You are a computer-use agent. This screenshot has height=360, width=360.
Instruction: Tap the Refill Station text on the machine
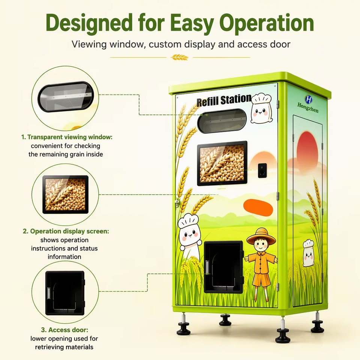(x=224, y=100)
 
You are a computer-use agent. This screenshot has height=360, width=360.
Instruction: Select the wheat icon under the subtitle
(x=180, y=57)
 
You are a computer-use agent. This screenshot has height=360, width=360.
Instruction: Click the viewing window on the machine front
(x=222, y=121)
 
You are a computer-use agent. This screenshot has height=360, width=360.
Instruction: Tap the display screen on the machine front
(x=222, y=163)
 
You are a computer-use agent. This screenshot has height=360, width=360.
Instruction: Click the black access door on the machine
(x=223, y=267)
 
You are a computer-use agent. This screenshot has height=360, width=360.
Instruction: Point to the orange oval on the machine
(x=258, y=208)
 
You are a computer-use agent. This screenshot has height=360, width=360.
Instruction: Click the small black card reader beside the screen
(x=262, y=170)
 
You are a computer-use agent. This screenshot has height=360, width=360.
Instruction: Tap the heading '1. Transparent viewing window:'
(x=67, y=137)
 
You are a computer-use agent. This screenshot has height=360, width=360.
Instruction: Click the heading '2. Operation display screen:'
(x=66, y=231)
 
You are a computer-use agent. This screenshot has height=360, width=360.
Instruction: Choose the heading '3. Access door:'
(x=64, y=330)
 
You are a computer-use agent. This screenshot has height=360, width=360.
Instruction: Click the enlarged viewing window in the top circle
(x=66, y=96)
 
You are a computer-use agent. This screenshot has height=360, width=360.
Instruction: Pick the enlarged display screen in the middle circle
(x=65, y=195)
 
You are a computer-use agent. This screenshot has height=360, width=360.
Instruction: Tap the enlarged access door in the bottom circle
(x=65, y=293)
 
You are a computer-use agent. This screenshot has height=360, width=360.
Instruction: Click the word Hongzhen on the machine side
(x=308, y=108)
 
